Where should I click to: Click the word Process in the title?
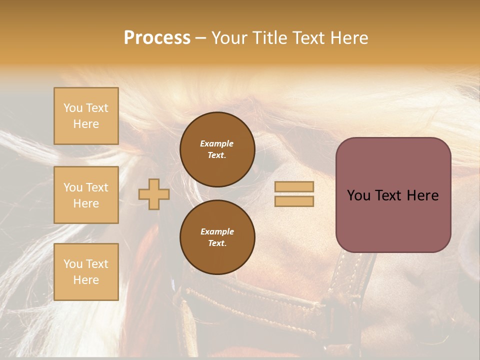click(157, 38)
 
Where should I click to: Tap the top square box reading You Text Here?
click(86, 116)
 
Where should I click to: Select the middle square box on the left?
click(86, 195)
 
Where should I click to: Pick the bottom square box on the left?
click(86, 272)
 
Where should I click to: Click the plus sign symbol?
click(154, 194)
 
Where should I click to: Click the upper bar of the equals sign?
click(294, 186)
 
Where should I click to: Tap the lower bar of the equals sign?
click(294, 201)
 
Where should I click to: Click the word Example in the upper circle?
click(217, 143)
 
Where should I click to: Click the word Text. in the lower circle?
click(217, 243)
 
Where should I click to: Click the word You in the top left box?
click(73, 108)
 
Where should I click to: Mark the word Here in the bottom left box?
click(86, 280)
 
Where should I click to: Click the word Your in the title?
click(227, 38)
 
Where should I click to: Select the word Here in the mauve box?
click(422, 195)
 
